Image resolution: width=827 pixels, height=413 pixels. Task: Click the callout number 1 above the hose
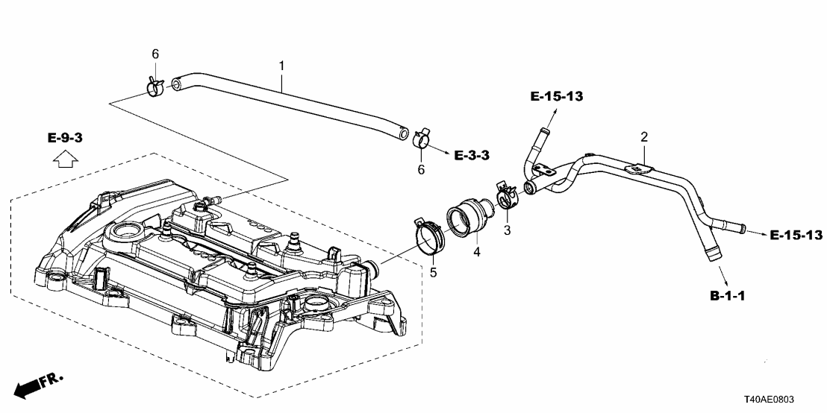click(281, 66)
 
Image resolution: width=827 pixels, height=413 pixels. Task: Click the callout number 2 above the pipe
click(643, 137)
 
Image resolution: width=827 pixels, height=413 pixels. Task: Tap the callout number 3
click(507, 230)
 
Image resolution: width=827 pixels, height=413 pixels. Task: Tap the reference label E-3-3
click(471, 155)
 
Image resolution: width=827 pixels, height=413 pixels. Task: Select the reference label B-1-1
click(728, 295)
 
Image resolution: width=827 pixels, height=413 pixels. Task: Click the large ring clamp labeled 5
click(428, 233)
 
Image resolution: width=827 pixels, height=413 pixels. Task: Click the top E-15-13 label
click(556, 96)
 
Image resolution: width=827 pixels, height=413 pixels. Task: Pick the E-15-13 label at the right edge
click(796, 235)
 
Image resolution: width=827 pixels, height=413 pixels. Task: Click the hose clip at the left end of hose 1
click(155, 88)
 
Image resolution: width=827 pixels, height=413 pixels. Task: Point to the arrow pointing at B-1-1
click(718, 271)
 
